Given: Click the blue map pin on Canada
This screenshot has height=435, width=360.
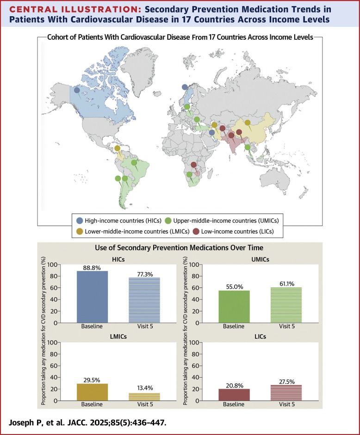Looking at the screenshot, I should point(77,91).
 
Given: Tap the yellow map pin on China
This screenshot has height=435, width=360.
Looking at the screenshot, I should point(248,123).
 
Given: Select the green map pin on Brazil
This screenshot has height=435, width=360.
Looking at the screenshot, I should point(134,163).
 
